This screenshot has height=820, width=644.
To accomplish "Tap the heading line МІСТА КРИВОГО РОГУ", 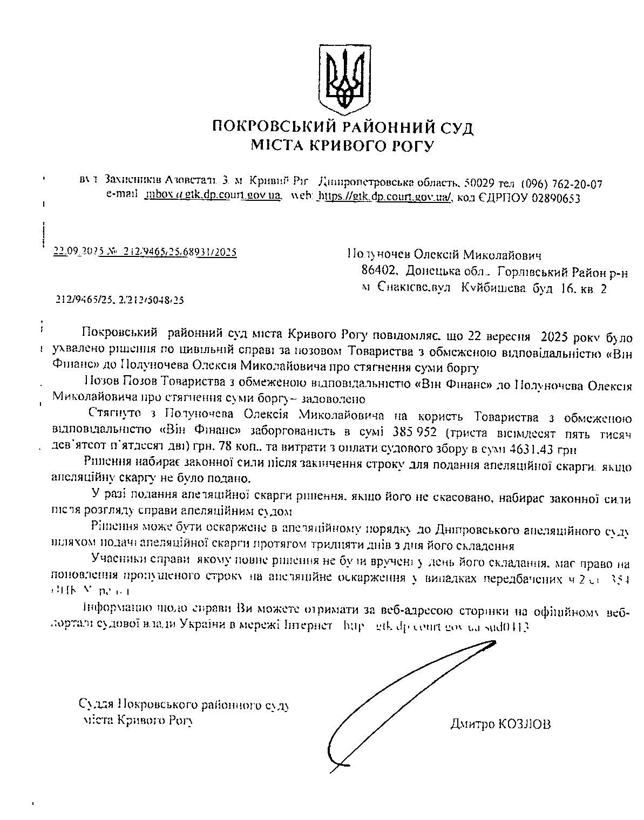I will pos(342,146).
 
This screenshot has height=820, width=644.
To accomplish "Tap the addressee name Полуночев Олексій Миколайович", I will pos(444,254).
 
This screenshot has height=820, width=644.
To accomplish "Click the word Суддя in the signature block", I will pos(96,705).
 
